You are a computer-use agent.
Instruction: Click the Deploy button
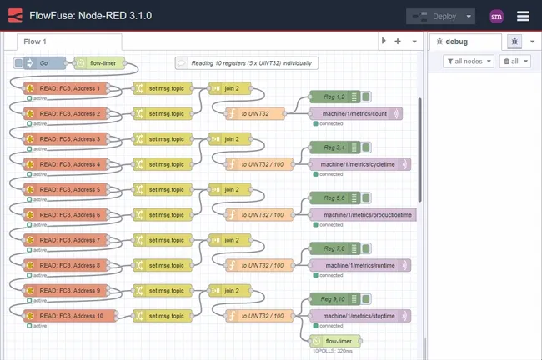point(433,16)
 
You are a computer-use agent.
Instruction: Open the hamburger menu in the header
point(523,16)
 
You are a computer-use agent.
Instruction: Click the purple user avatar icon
point(496,16)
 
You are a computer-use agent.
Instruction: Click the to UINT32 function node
point(255,113)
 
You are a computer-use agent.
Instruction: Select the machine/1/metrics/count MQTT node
point(356,113)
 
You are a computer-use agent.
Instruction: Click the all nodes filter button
point(469,61)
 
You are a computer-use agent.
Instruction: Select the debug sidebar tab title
point(456,41)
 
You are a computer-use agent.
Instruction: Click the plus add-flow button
point(398,41)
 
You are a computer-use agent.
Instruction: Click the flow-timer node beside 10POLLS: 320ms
point(335,341)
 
